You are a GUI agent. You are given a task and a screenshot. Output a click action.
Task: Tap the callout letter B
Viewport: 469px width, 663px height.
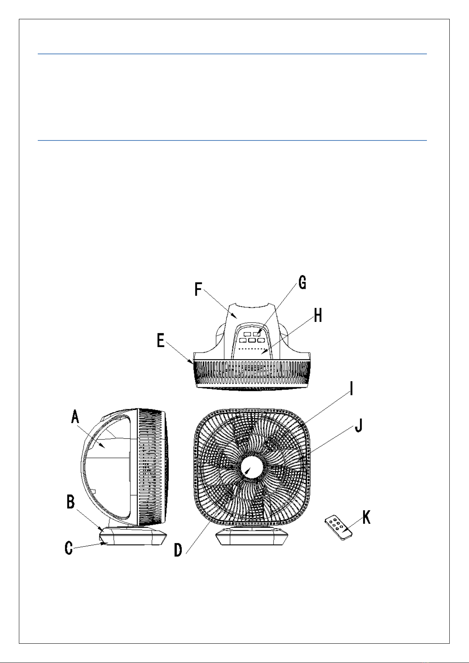pos(71,502)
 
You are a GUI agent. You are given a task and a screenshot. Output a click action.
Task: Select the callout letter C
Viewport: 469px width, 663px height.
pos(69,548)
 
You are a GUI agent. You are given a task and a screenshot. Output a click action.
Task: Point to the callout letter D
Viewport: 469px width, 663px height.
pos(178,550)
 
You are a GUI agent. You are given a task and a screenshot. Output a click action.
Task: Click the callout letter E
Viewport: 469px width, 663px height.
pos(161,340)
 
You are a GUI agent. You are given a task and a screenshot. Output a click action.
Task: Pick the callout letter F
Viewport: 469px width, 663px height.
pos(199,290)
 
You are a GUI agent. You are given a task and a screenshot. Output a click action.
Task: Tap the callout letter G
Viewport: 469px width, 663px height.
pos(302,283)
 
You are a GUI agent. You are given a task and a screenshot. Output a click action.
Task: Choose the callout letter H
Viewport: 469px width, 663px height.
pos(318,315)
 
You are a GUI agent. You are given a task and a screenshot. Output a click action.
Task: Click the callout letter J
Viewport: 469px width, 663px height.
pos(358,426)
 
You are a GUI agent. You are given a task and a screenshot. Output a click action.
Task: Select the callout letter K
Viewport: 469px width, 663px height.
pos(366,518)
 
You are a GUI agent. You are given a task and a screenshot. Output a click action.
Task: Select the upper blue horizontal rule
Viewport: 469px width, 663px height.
pos(232,54)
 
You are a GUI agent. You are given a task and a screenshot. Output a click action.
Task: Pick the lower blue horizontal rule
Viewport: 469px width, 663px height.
pos(232,140)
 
